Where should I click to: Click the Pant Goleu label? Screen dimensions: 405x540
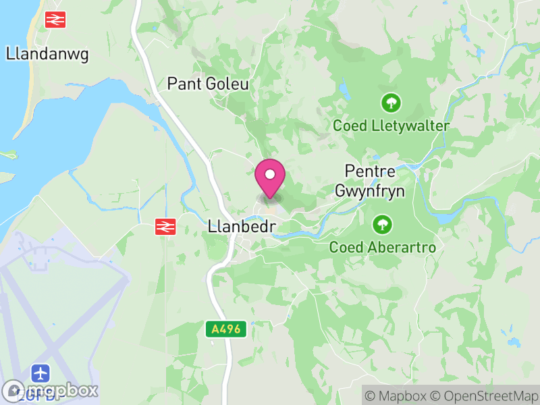click(208, 84)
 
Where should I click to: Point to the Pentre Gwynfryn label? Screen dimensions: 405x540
click(375, 181)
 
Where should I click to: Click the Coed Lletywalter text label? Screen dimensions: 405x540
click(391, 126)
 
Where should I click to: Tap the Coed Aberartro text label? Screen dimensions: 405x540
click(382, 247)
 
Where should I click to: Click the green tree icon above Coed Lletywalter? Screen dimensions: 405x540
click(391, 103)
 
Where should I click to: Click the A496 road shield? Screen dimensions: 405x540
click(226, 330)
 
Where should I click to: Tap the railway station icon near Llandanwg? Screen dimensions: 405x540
click(55, 20)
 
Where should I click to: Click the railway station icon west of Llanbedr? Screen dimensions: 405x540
click(164, 227)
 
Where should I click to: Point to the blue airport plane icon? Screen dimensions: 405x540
click(40, 373)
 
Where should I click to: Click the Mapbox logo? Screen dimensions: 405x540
click(51, 390)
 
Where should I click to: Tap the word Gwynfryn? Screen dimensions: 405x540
click(375, 191)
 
